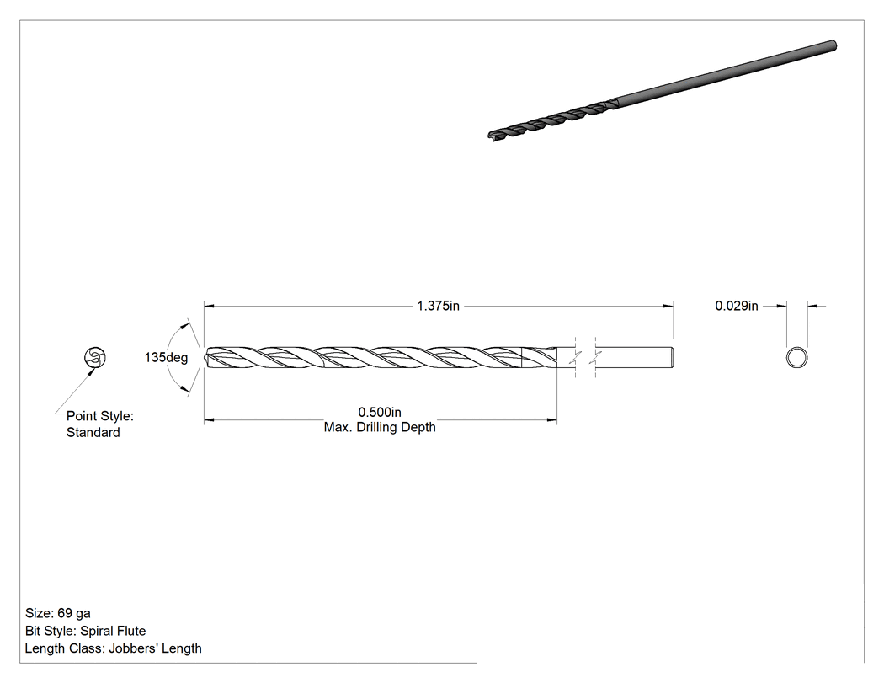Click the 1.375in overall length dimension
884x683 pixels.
tap(438, 306)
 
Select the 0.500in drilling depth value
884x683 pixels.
tap(380, 413)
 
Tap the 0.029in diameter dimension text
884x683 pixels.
tap(737, 306)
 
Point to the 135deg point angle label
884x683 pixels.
tap(166, 358)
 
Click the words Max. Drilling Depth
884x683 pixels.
tap(380, 428)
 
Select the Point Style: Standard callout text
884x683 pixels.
tap(100, 424)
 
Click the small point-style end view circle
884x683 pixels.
tap(94, 358)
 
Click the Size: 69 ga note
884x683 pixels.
tap(57, 613)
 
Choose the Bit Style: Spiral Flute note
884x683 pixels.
tap(85, 631)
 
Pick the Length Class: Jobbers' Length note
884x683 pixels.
tap(113, 648)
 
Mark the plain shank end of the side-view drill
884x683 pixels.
tap(673, 358)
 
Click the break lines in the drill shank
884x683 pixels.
tap(586, 358)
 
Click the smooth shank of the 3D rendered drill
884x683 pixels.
tap(724, 74)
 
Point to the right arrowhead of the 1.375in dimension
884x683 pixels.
tap(668, 307)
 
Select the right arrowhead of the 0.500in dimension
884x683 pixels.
tap(552, 419)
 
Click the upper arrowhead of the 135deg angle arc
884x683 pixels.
tap(184, 325)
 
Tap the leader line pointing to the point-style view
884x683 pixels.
tap(75, 392)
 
